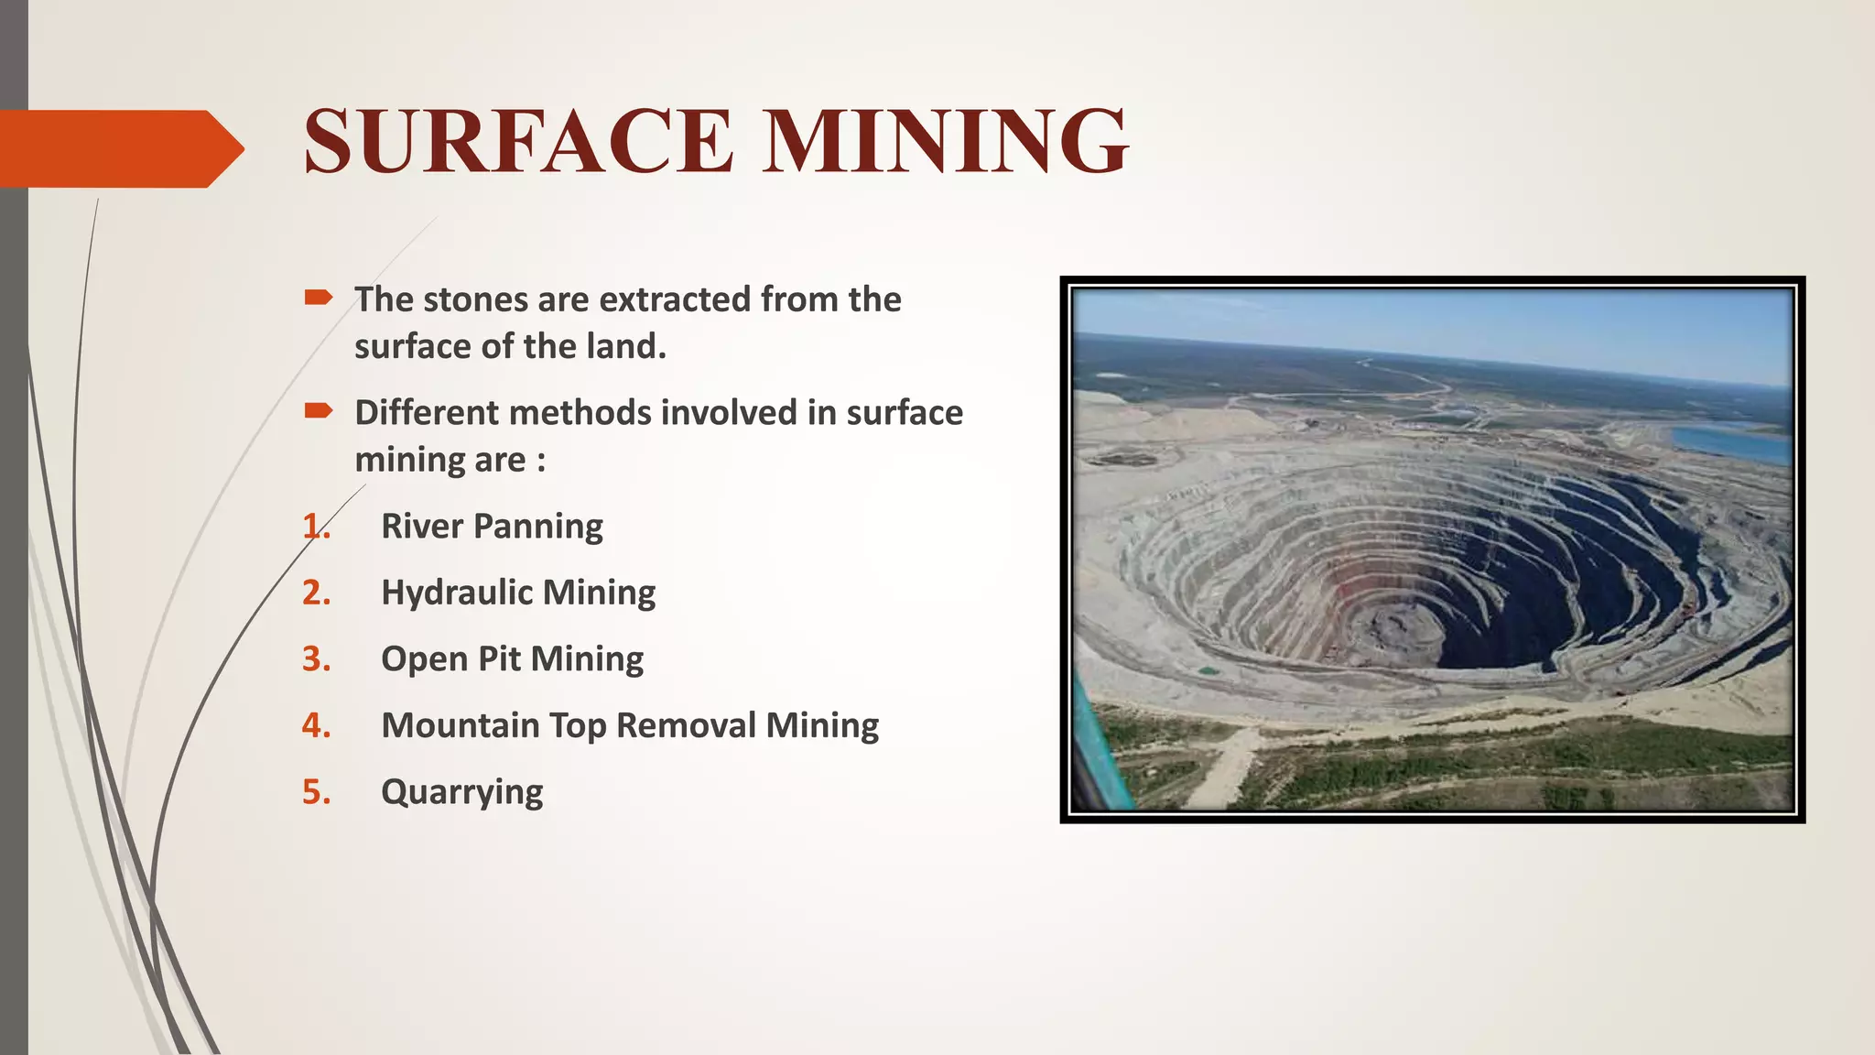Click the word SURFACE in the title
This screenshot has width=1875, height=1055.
[518, 142]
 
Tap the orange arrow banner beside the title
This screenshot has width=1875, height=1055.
[119, 148]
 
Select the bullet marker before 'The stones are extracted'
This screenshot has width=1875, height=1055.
[318, 297]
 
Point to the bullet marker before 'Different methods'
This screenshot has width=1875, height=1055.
[318, 410]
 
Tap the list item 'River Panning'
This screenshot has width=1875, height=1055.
[492, 527]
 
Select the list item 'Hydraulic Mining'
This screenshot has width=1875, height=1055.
[518, 593]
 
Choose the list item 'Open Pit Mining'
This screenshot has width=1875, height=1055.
[512, 659]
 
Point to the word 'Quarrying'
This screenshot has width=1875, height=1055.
[461, 792]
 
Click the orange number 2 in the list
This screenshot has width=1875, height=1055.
[314, 593]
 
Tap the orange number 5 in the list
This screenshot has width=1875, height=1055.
[314, 792]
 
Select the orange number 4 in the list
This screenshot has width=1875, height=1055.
[314, 725]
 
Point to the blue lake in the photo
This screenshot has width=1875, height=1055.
[1730, 443]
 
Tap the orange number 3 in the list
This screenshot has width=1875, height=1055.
[314, 659]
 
